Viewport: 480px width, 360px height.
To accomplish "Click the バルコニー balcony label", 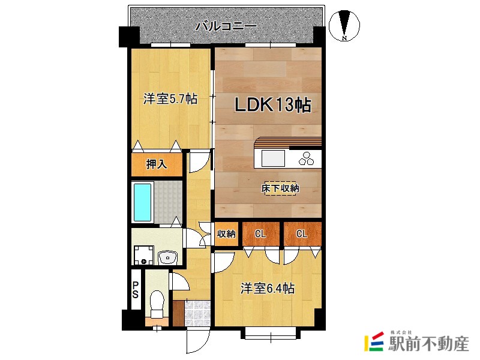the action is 226,26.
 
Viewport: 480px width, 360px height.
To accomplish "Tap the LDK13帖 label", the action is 273,104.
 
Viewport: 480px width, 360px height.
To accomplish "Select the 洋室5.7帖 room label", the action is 170,99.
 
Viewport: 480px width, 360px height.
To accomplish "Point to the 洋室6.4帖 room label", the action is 268,289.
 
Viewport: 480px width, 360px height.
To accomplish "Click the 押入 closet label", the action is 157,164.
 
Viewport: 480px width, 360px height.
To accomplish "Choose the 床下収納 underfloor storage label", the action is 280,188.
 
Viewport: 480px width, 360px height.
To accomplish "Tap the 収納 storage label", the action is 226,234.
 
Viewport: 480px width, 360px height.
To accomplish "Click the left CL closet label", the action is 260,234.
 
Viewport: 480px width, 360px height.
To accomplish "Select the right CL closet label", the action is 302,234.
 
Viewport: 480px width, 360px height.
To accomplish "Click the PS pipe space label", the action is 136,290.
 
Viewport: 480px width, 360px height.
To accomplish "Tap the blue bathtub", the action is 143,202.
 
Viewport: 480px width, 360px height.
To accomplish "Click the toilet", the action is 157,305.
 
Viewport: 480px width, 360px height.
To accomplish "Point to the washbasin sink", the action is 167,257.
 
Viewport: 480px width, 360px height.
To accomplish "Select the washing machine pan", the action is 143,256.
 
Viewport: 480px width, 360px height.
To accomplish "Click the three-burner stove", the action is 307,158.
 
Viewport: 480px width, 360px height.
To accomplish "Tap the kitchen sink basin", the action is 273,159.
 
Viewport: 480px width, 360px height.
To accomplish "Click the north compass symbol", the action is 344,25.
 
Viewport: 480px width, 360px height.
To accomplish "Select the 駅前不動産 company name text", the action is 428,343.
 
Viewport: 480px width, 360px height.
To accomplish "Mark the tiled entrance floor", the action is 197,313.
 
